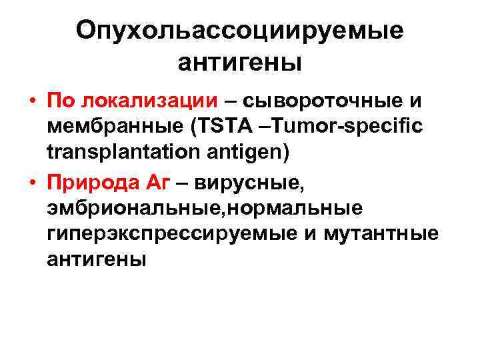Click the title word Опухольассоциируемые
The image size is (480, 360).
(x=239, y=31)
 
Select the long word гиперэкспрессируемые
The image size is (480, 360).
(x=173, y=234)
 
